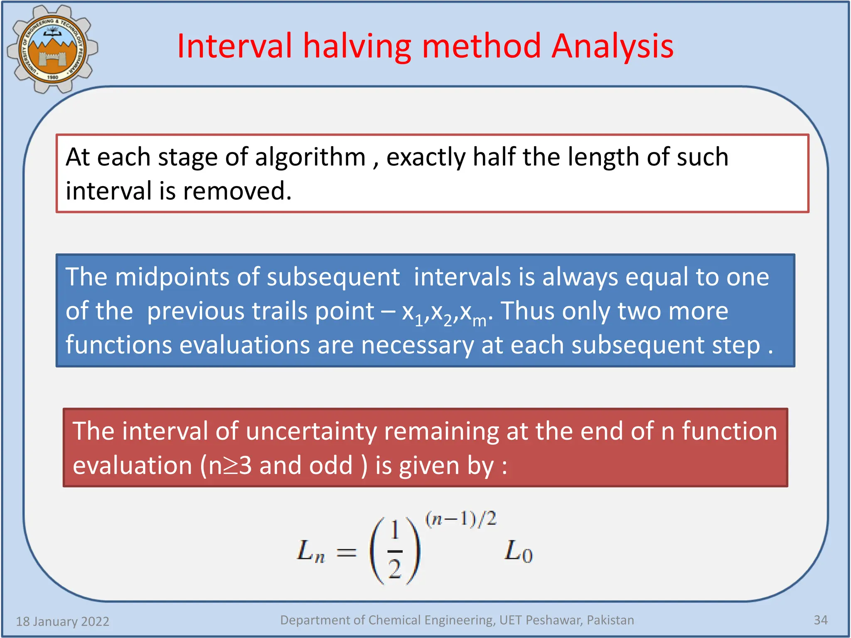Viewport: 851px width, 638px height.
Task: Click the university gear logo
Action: click(x=52, y=49)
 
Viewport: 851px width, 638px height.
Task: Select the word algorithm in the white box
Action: click(x=310, y=158)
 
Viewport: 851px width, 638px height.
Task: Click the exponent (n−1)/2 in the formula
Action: click(x=460, y=519)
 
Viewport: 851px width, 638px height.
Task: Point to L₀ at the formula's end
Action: click(x=518, y=552)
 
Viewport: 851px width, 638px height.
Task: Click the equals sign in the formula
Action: click(x=346, y=552)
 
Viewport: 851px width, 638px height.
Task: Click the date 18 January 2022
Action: click(x=62, y=621)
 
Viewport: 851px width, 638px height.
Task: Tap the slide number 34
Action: click(x=820, y=620)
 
